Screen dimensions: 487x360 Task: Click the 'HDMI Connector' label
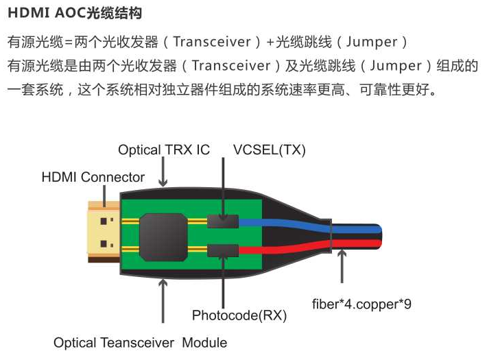coord(93,178)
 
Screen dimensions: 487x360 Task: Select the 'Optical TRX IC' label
coord(164,149)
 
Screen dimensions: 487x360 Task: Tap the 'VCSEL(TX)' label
coord(270,149)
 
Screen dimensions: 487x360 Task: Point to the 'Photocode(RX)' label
coord(239,315)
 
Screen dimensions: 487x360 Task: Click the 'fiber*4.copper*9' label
coord(361,304)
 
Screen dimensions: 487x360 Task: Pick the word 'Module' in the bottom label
coord(204,343)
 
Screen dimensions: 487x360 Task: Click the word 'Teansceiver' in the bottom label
coord(137,343)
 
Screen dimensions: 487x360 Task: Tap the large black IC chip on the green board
coord(163,237)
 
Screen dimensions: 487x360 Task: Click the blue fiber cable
coord(311,226)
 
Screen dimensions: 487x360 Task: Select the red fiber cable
coord(311,246)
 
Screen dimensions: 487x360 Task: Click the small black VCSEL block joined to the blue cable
coord(223,221)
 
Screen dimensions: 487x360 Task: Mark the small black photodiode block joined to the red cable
coord(223,251)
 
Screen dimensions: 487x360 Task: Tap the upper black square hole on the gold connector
coord(104,221)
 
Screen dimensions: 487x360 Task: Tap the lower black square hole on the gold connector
coord(104,244)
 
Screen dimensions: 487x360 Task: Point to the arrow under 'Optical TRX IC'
coord(163,171)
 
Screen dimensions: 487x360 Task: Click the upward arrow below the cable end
coord(342,266)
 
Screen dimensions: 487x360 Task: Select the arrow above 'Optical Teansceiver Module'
coord(163,301)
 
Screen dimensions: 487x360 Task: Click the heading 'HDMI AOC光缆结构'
coord(75,13)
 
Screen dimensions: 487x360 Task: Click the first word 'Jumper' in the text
coord(372,42)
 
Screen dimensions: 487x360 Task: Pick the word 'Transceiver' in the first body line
coord(212,42)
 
